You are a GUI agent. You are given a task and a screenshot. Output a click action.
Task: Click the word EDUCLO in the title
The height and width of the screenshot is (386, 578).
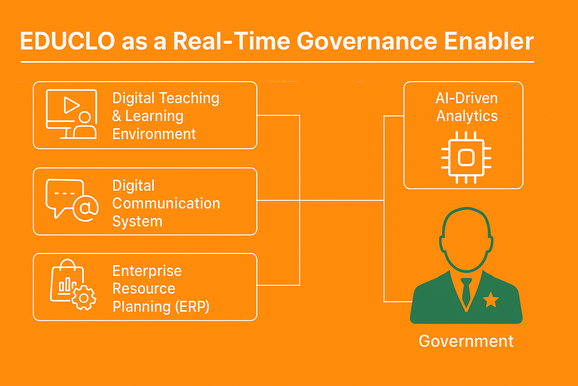tap(67, 41)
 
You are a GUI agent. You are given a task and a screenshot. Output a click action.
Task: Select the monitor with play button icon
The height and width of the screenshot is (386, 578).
tap(71, 114)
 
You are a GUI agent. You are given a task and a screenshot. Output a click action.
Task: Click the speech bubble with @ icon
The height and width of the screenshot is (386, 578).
tap(72, 200)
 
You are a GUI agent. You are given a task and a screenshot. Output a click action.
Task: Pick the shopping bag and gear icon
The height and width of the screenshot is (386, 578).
tap(73, 285)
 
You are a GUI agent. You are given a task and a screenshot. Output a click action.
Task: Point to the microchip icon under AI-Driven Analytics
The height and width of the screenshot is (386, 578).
tap(466, 158)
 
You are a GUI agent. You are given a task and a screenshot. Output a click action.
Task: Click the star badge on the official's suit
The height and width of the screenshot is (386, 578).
tap(491, 300)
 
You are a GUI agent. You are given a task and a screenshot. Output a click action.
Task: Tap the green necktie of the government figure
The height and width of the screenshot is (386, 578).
tap(466, 292)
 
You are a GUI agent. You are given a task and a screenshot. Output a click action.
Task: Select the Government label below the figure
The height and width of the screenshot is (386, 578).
tap(466, 341)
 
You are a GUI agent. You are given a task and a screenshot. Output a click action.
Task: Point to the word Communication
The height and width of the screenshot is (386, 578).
tap(166, 204)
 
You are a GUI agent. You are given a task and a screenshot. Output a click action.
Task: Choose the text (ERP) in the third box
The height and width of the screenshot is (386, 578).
tap(192, 307)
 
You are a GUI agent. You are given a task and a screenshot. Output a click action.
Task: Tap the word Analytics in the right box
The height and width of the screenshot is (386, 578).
tap(467, 116)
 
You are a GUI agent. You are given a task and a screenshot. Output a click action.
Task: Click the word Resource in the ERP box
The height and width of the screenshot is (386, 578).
tap(144, 289)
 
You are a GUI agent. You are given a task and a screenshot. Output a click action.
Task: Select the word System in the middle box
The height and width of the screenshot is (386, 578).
tap(137, 222)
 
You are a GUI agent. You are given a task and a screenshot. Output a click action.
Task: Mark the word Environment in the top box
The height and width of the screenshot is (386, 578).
tap(154, 134)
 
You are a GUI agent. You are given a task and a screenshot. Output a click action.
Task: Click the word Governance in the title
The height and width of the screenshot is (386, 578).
tap(367, 41)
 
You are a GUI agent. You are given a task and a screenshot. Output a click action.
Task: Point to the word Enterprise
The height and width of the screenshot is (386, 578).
tap(147, 271)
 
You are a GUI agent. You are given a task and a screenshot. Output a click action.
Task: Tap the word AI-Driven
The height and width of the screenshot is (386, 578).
tap(467, 98)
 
